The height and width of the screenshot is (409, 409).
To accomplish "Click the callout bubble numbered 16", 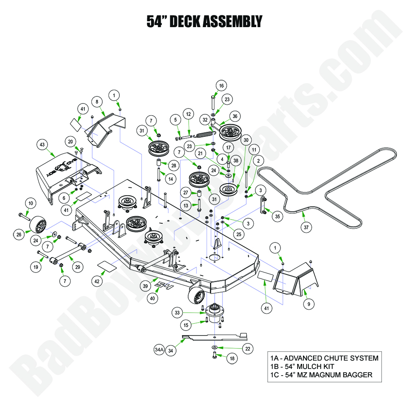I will click(x=221, y=86).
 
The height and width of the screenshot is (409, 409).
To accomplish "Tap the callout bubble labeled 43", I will click(x=42, y=144).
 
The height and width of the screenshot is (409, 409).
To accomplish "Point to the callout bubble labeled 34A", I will click(x=159, y=350).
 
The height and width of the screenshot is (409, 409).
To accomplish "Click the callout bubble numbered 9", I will click(x=308, y=304).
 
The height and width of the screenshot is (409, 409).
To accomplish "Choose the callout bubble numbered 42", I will click(x=97, y=281).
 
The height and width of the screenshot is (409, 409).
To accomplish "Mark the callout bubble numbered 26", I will click(x=19, y=235).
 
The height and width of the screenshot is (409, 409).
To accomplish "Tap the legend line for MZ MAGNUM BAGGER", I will click(x=321, y=375).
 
